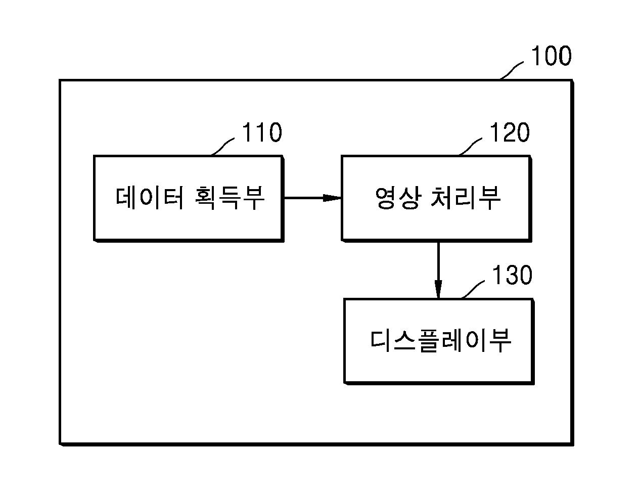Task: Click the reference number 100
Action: pos(551,56)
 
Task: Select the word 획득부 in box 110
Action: pos(230,198)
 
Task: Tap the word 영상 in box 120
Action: pos(397,198)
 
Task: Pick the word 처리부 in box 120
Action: pos(466,198)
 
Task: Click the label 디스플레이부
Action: pos(441,340)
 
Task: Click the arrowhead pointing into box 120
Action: pos(332,198)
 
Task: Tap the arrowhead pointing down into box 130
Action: pos(438,289)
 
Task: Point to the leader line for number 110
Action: pos(222,147)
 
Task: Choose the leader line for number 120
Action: pos(470,147)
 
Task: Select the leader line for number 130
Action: pos(473,289)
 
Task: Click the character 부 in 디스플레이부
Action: pos(500,340)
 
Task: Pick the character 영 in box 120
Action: pos(386,198)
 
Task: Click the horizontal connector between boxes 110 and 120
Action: pos(312,198)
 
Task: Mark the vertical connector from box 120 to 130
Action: pos(438,271)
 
